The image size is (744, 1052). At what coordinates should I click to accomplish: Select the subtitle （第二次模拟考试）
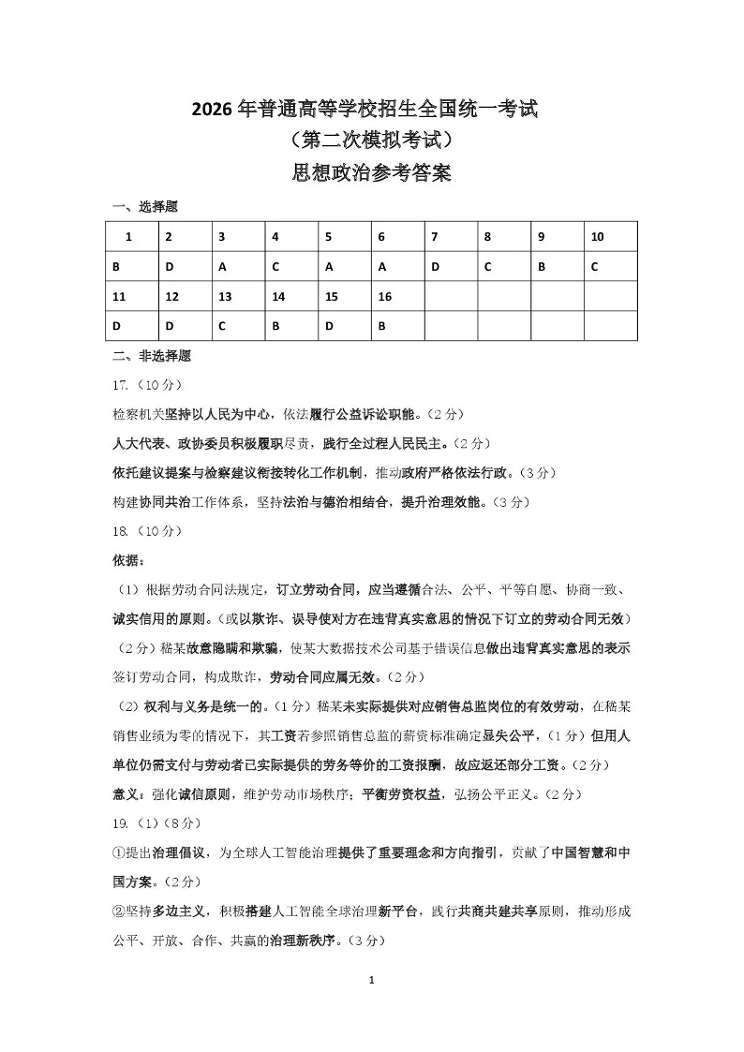pyautogui.click(x=372, y=141)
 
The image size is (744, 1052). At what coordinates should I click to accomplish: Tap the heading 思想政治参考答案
pyautogui.click(x=372, y=173)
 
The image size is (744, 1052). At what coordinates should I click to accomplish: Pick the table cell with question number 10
pyautogui.click(x=610, y=237)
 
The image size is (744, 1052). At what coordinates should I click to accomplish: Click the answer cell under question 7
pyautogui.click(x=450, y=267)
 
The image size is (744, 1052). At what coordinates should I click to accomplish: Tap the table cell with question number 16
pyautogui.click(x=397, y=297)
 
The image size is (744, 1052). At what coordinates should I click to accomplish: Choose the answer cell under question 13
pyautogui.click(x=237, y=327)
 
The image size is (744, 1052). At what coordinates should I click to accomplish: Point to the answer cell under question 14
pyautogui.click(x=290, y=327)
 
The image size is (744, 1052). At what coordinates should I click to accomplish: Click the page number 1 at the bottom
pyautogui.click(x=372, y=980)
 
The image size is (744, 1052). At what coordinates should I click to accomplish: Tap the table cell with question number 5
pyautogui.click(x=344, y=237)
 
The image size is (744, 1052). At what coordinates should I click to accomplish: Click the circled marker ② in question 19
pyautogui.click(x=118, y=911)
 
